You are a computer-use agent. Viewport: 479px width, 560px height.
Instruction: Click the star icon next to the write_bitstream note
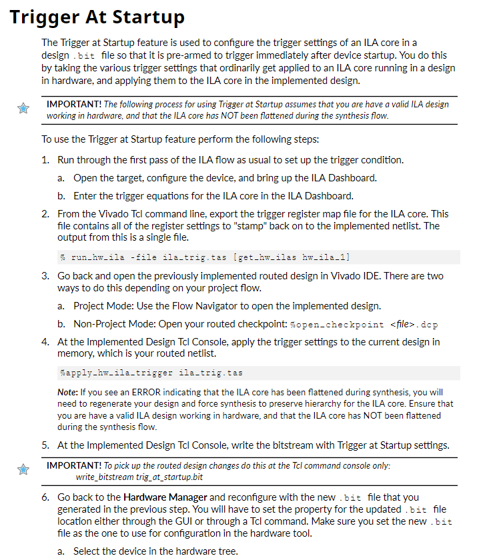(23, 471)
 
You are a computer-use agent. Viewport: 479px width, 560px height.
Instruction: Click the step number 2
(44, 214)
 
